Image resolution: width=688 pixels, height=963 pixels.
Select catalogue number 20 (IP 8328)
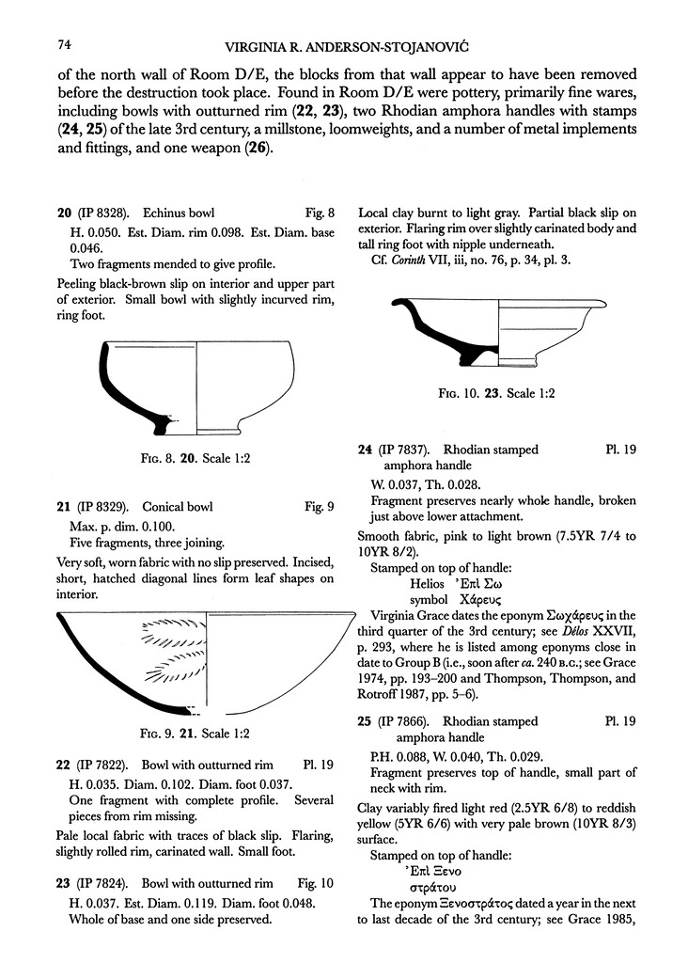pos(92,213)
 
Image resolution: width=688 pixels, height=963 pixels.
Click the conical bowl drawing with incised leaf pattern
pos(206,663)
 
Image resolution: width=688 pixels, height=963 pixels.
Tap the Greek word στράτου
pos(433,885)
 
